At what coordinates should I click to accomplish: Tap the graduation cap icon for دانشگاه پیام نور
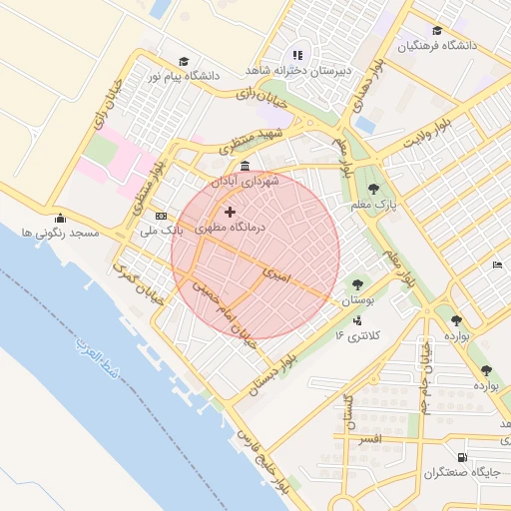click(x=183, y=61)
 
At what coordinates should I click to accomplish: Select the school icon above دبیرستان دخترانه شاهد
click(x=296, y=56)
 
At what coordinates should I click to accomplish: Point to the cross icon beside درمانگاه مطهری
click(x=232, y=212)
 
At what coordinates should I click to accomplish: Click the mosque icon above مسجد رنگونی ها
click(x=61, y=219)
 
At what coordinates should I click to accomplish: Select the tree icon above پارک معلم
click(x=373, y=189)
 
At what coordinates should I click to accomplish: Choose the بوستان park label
click(x=356, y=299)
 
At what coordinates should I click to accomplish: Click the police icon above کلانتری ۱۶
click(x=357, y=320)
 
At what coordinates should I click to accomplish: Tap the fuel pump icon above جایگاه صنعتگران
click(x=461, y=458)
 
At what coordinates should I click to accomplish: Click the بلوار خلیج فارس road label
click(x=264, y=460)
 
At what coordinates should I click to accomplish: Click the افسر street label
click(x=368, y=439)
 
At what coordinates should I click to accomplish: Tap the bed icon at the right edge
click(x=497, y=264)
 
